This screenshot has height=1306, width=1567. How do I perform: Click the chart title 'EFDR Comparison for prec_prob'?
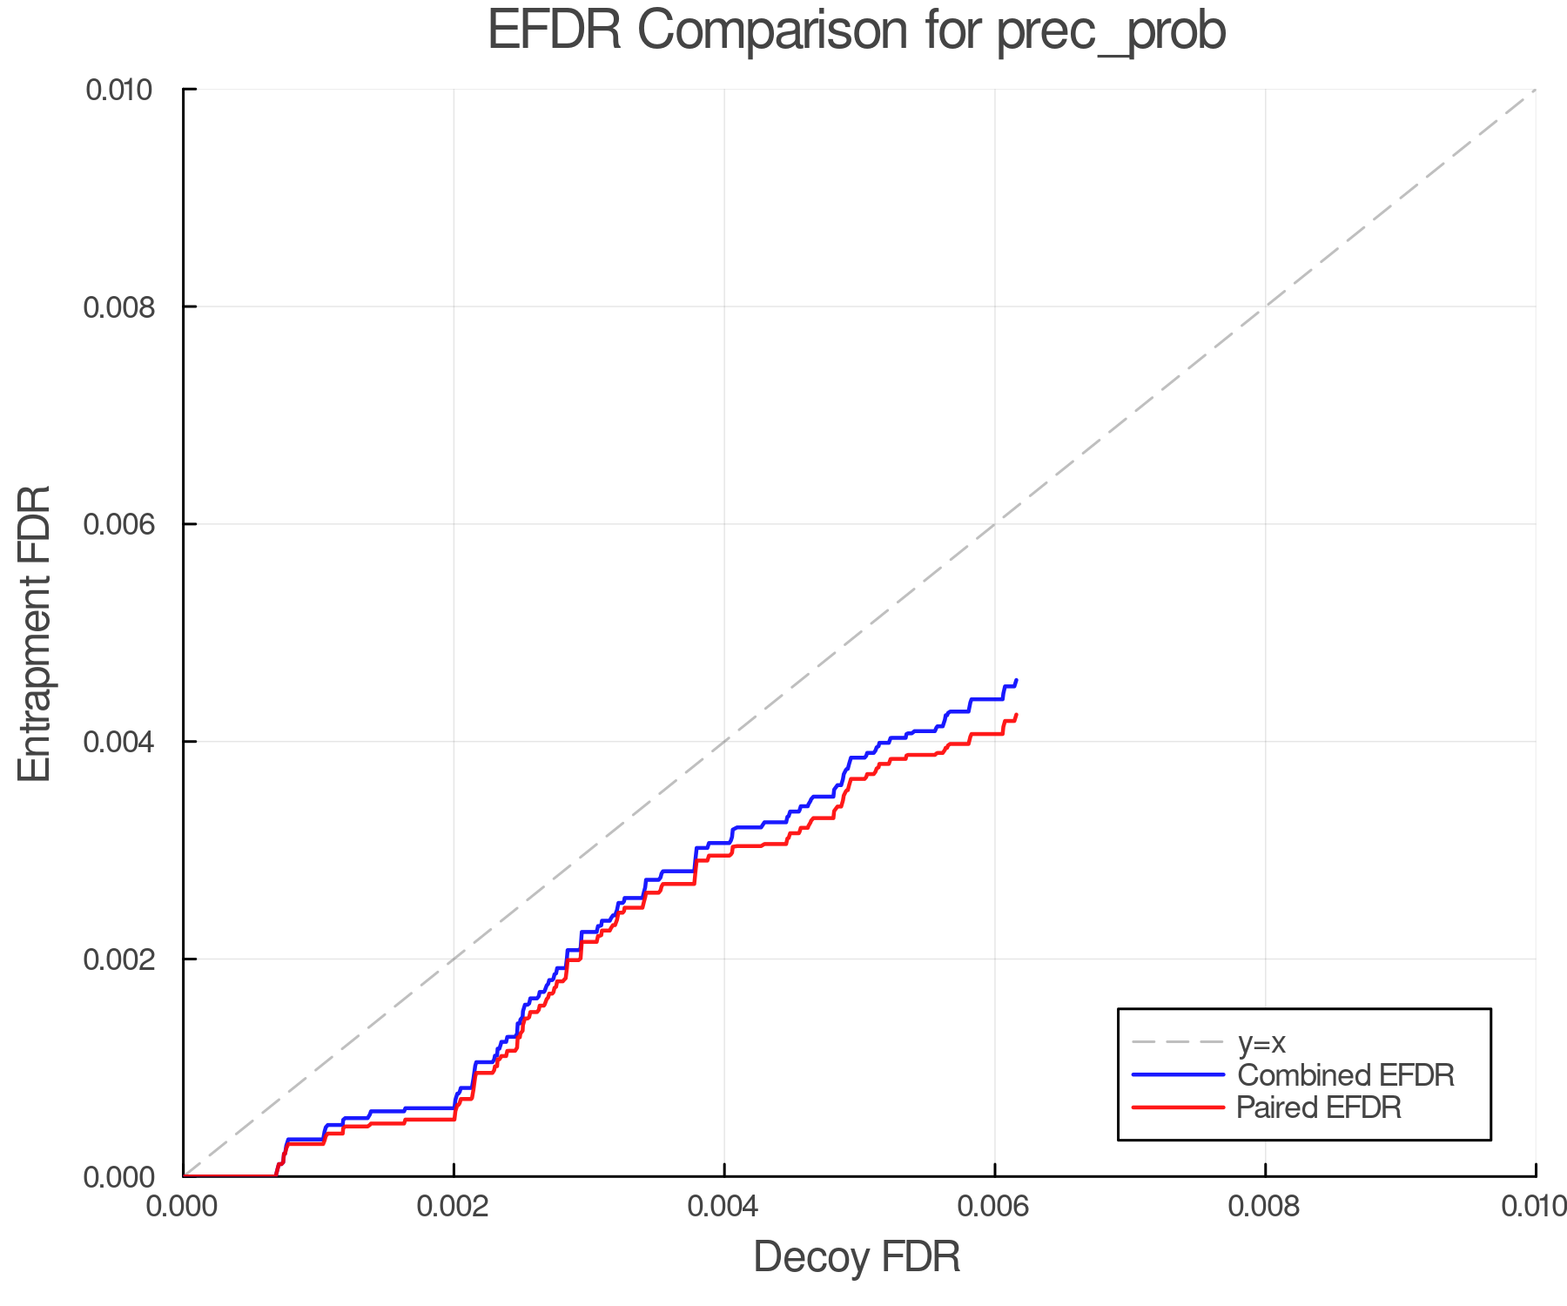(857, 31)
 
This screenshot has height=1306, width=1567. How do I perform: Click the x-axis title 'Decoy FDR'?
(857, 1257)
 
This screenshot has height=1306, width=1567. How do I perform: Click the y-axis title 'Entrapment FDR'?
(35, 634)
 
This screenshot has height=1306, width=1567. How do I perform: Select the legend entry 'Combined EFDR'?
(1345, 1075)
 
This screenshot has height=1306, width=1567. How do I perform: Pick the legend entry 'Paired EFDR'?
(1319, 1107)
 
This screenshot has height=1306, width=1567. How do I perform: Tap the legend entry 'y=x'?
(1261, 1043)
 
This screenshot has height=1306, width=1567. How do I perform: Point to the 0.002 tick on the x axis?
(454, 1207)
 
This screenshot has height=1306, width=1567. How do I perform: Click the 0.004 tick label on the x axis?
(724, 1207)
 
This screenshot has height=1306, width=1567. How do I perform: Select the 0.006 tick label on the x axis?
(994, 1207)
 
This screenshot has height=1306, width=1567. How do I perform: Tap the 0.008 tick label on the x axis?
(1265, 1207)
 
